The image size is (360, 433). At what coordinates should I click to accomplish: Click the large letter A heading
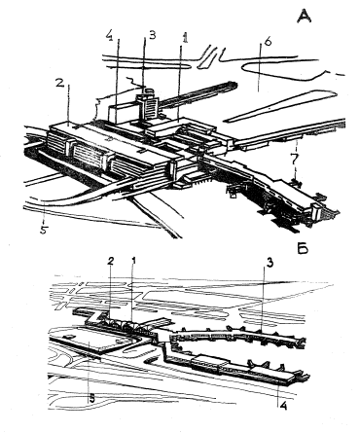click(305, 16)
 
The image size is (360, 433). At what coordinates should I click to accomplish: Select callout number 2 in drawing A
click(59, 84)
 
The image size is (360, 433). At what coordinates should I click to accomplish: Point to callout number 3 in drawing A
click(152, 35)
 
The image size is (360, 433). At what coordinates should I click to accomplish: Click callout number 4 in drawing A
click(109, 36)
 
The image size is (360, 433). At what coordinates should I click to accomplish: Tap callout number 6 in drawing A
click(269, 43)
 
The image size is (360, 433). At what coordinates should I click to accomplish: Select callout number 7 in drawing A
click(295, 161)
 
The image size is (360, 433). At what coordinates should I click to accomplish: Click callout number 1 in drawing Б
click(132, 260)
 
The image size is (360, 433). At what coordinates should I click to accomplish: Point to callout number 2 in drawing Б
click(110, 262)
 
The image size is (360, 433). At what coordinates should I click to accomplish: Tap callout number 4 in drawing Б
click(283, 406)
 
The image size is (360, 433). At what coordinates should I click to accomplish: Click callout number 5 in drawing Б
click(92, 399)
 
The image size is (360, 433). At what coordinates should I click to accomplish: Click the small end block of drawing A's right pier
click(316, 211)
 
